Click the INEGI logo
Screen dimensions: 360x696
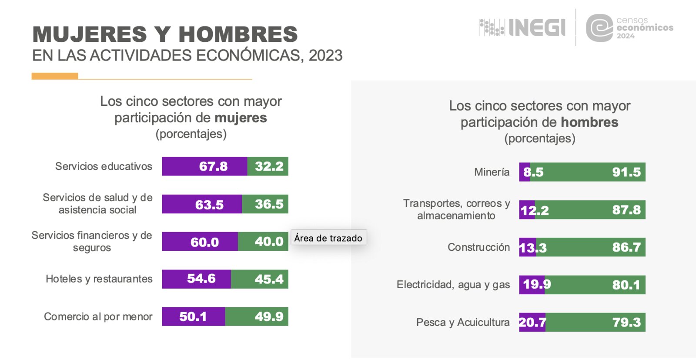(x=522, y=27)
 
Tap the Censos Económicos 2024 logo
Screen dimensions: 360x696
(x=629, y=28)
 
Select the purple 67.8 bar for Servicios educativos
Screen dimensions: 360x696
(x=204, y=166)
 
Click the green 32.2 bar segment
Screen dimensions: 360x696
(x=268, y=166)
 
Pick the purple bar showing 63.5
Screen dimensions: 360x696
(x=202, y=204)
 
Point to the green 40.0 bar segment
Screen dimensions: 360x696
(x=263, y=242)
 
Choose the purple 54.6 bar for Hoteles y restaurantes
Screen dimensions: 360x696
(x=196, y=279)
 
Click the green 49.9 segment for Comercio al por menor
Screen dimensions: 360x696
(x=257, y=316)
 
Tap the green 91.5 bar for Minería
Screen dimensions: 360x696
(x=587, y=172)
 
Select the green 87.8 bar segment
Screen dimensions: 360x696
(x=590, y=210)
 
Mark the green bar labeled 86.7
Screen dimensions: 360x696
(x=591, y=247)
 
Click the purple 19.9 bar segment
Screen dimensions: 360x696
(x=532, y=285)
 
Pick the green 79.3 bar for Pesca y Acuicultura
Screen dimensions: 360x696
(x=596, y=322)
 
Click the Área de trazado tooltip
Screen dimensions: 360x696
(x=328, y=238)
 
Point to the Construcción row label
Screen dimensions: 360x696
(x=478, y=247)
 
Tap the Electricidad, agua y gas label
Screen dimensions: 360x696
(x=453, y=285)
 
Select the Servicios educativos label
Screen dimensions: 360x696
(x=104, y=166)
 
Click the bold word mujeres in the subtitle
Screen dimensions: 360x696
(x=241, y=118)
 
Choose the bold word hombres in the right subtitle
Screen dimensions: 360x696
(x=589, y=122)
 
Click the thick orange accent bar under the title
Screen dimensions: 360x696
(x=55, y=76)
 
